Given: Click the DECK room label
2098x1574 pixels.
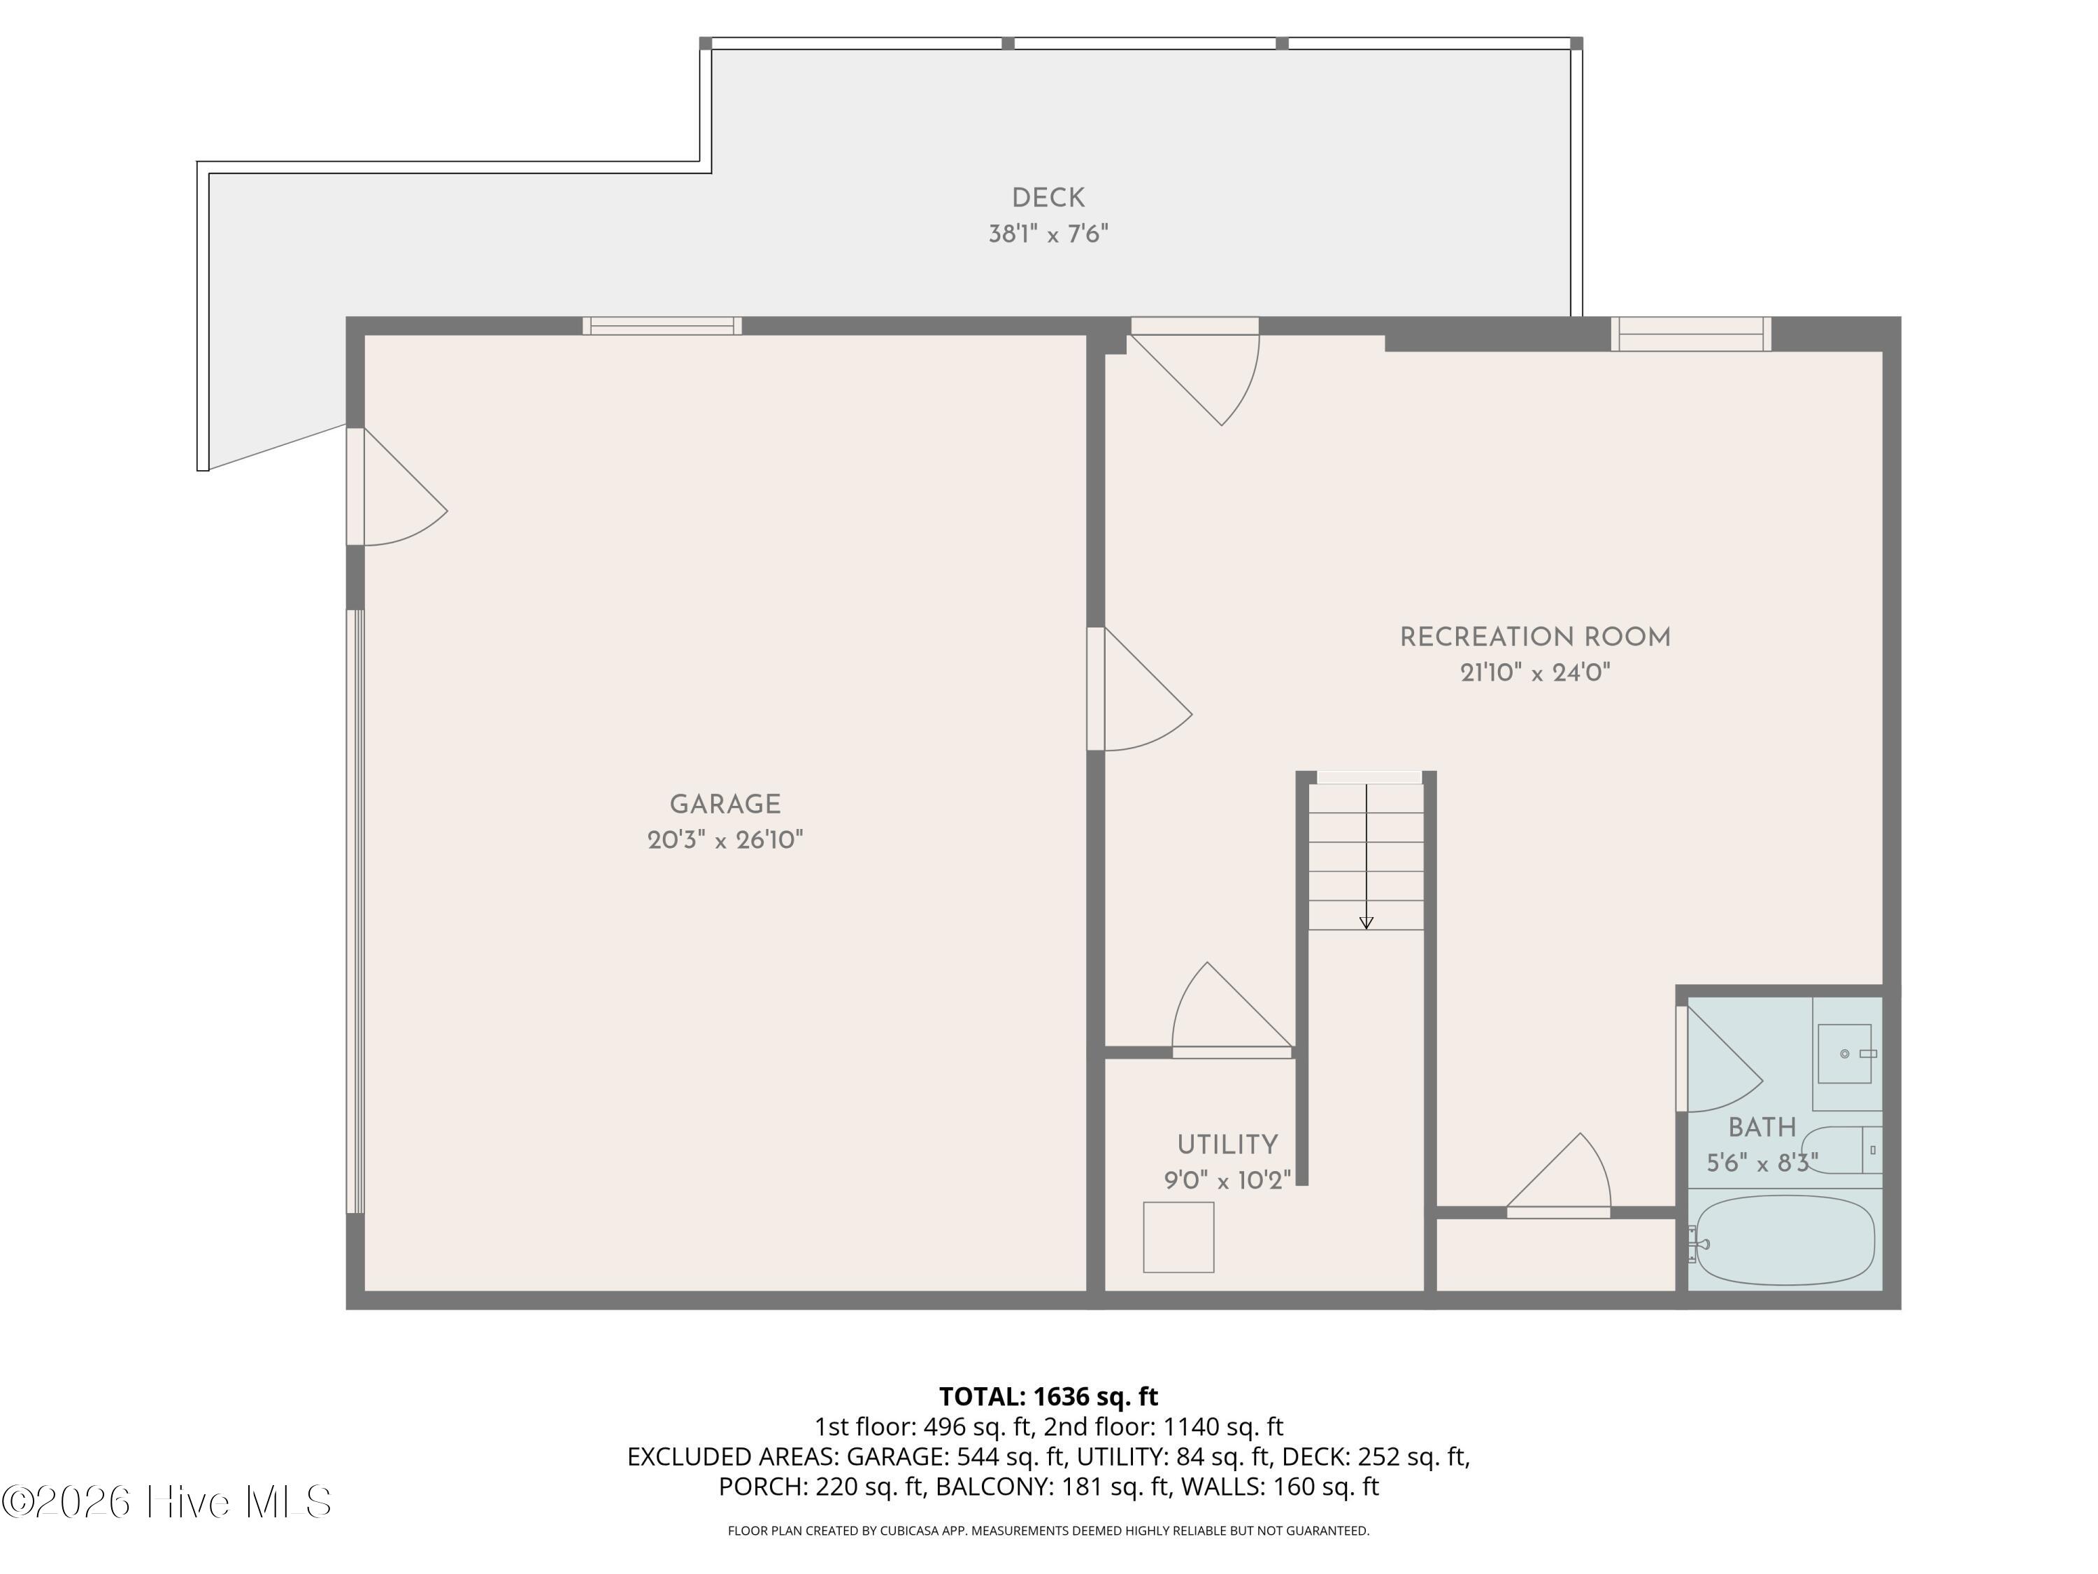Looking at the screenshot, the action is point(1048,198).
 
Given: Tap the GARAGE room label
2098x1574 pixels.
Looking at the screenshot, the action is point(726,804).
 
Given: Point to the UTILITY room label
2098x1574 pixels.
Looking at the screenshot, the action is point(1227,1145).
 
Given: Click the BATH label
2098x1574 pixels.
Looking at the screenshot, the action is point(1762,1128).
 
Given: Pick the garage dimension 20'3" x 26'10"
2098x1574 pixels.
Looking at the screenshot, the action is point(726,841).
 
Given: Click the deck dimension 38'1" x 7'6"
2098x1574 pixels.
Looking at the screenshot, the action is point(1048,234).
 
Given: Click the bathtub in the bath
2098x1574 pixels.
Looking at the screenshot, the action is point(1785,1240).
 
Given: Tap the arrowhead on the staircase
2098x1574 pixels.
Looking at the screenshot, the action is point(1366,922).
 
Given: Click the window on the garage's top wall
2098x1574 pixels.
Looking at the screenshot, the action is point(662,327).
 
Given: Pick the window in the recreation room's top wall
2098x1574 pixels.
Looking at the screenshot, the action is point(1691,334).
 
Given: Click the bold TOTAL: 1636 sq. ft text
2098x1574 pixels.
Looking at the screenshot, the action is point(1048,1396).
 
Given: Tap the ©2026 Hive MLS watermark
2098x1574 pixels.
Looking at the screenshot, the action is point(167,1502).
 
